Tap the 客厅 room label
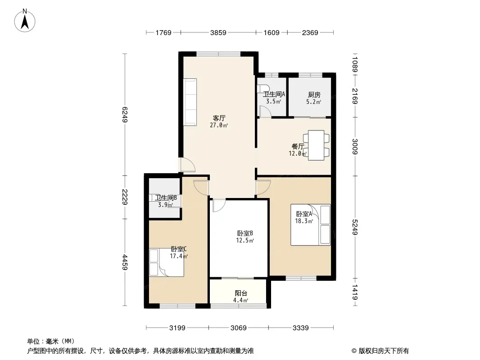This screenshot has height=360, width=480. click(219, 118)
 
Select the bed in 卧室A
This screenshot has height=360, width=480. click(311, 225)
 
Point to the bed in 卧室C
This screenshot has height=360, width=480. click(166, 262)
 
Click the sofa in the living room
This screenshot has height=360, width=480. click(190, 102)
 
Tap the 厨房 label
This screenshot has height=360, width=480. click(314, 95)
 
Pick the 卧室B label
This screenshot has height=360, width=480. click(245, 233)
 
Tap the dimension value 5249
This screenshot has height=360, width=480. click(355, 227)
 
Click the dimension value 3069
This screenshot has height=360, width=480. click(238, 328)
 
